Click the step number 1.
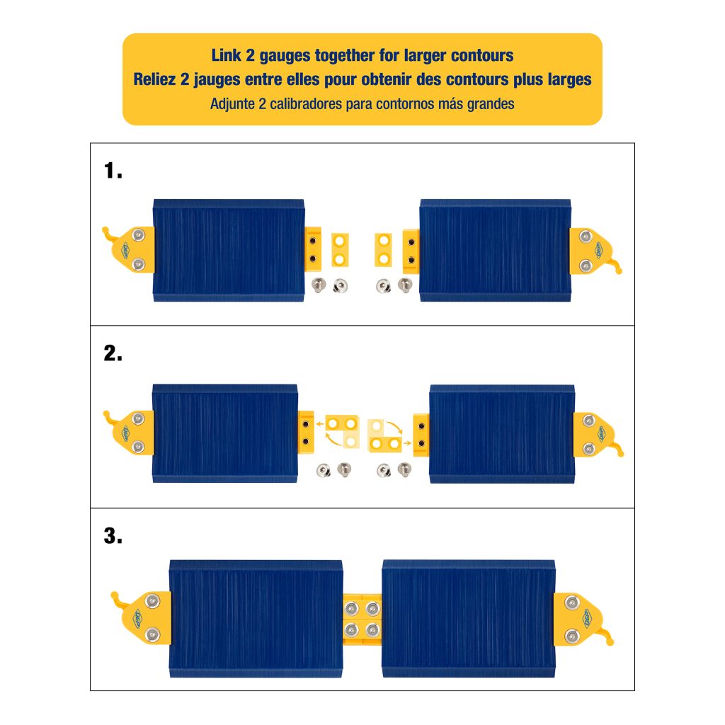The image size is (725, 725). [113, 171]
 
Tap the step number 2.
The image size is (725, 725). [113, 353]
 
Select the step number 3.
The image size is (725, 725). [113, 536]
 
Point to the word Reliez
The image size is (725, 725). [154, 79]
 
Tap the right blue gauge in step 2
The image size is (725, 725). [502, 433]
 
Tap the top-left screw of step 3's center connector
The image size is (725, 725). [352, 607]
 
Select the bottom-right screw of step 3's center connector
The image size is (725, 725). [371, 629]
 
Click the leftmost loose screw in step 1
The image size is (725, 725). [319, 285]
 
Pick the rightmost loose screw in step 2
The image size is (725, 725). [405, 468]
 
